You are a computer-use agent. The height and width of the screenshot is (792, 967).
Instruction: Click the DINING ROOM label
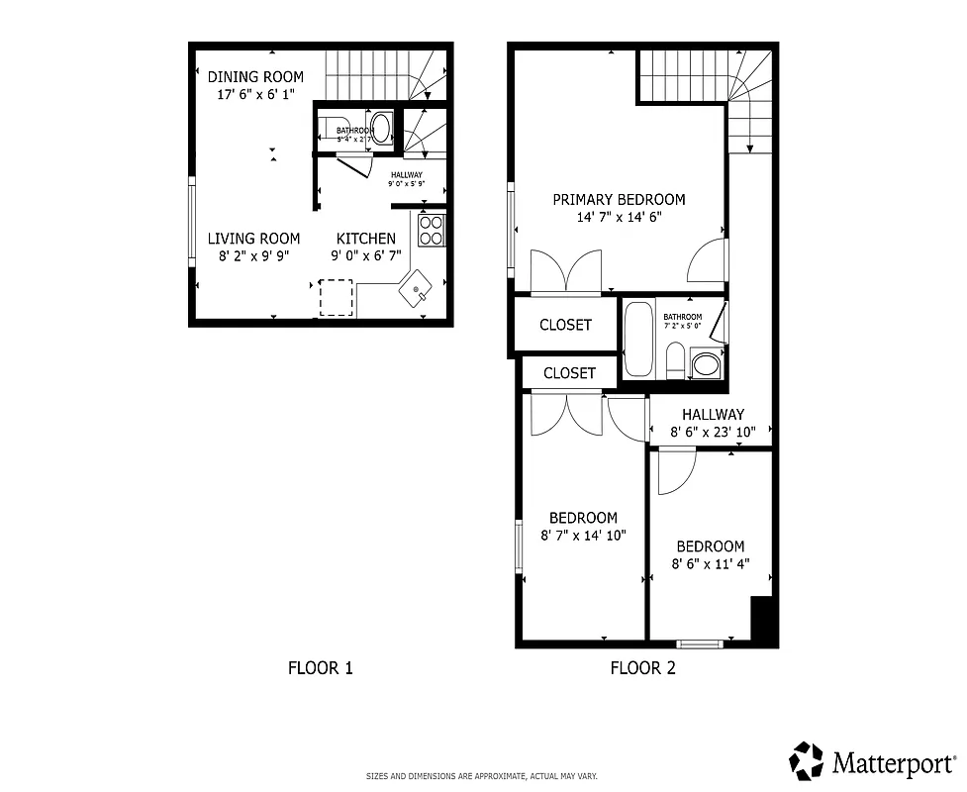pyautogui.click(x=255, y=76)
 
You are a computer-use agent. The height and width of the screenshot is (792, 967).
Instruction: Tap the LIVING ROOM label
pyautogui.click(x=253, y=239)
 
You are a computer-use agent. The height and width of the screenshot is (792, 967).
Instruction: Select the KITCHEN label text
pyautogui.click(x=366, y=239)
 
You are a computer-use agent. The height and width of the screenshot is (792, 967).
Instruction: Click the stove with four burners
pyautogui.click(x=432, y=230)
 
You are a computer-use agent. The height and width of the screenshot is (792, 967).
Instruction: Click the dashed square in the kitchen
pyautogui.click(x=337, y=297)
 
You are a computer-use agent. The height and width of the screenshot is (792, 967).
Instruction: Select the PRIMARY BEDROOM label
pyautogui.click(x=619, y=199)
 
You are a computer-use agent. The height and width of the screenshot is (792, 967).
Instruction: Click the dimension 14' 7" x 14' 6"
pyautogui.click(x=619, y=217)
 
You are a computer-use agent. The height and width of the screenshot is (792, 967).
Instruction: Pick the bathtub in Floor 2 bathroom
pyautogui.click(x=638, y=339)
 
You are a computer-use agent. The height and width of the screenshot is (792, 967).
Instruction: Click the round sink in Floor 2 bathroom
pyautogui.click(x=707, y=364)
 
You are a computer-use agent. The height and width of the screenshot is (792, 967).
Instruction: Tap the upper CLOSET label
pyautogui.click(x=565, y=325)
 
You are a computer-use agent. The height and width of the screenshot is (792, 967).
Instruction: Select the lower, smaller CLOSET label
pyautogui.click(x=569, y=373)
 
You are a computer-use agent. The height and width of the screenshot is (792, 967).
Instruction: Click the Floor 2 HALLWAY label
pyautogui.click(x=712, y=415)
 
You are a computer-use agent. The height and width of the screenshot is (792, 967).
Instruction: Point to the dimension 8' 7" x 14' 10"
pyautogui.click(x=583, y=536)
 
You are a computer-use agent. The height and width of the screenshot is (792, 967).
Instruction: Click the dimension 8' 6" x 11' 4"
pyautogui.click(x=710, y=564)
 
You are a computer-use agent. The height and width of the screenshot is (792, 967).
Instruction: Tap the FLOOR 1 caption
pyautogui.click(x=320, y=668)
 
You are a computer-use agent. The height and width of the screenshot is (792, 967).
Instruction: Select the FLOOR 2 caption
pyautogui.click(x=642, y=668)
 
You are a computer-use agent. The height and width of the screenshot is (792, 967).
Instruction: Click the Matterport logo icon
pyautogui.click(x=807, y=760)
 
